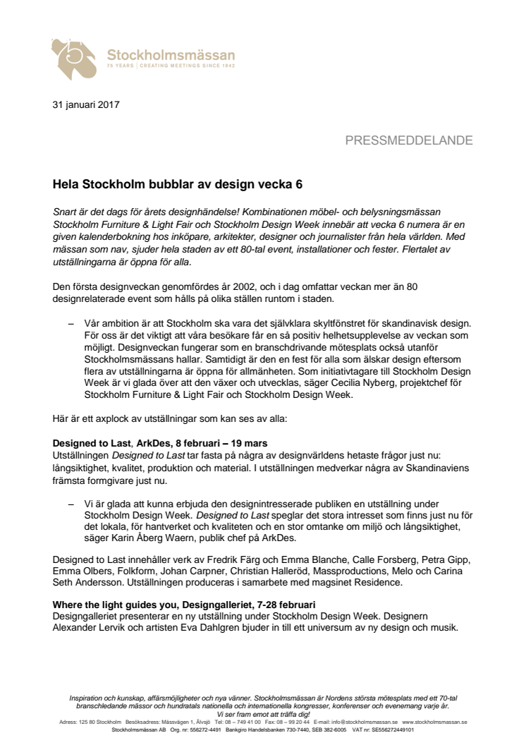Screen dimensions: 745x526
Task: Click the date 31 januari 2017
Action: (86, 105)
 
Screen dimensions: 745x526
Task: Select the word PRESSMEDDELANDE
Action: (409, 140)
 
